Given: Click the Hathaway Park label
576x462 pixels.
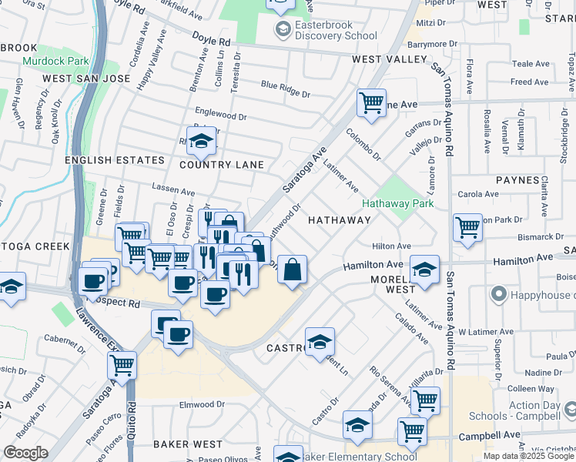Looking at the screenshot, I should point(398,204).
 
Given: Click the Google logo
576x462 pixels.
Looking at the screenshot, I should point(25,453).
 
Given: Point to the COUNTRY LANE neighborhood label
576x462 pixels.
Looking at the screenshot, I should point(222,165).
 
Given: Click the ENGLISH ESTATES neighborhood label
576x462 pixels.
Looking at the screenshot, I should point(115,160).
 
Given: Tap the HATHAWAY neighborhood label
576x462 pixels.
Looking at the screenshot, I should point(340,220).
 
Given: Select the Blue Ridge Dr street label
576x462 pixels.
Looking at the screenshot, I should point(285,89).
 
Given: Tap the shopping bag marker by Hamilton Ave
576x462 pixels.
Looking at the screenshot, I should point(292,269).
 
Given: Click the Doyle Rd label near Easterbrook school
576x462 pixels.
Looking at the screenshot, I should point(213,42).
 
